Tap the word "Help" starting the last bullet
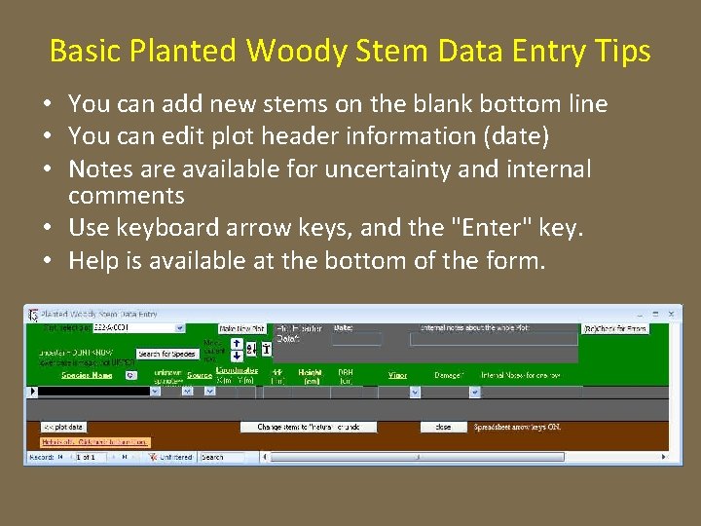(93, 260)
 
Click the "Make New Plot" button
(242, 329)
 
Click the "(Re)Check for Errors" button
(616, 329)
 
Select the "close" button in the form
(443, 427)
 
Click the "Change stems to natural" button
(309, 427)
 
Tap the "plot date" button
(63, 427)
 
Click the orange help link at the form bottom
(95, 442)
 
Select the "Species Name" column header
(88, 374)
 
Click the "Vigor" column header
(398, 374)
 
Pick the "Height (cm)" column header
(311, 377)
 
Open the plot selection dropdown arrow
(180, 328)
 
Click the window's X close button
(671, 315)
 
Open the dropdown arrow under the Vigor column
(414, 392)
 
